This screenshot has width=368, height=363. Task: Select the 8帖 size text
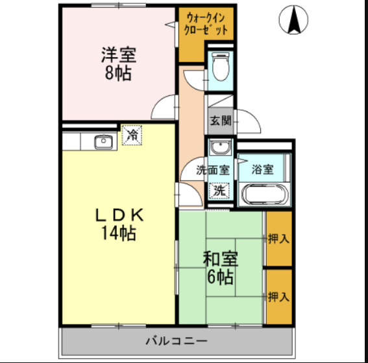(x=118, y=73)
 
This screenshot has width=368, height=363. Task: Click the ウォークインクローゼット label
(x=206, y=24)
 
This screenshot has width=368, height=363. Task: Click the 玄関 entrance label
(x=221, y=120)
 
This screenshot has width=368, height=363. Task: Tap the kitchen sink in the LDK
(x=103, y=142)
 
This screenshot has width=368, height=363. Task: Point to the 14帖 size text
(x=118, y=233)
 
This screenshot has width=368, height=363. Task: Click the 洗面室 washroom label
(x=214, y=170)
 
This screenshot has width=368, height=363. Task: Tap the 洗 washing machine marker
(x=221, y=191)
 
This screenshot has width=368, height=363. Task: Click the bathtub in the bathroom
(x=264, y=193)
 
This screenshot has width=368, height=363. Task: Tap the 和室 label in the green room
(x=220, y=259)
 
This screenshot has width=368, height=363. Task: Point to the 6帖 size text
(x=221, y=277)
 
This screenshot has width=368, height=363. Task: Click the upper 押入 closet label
(x=278, y=239)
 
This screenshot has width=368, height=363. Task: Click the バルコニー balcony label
(x=176, y=340)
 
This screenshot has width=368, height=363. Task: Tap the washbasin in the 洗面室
(x=221, y=146)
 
